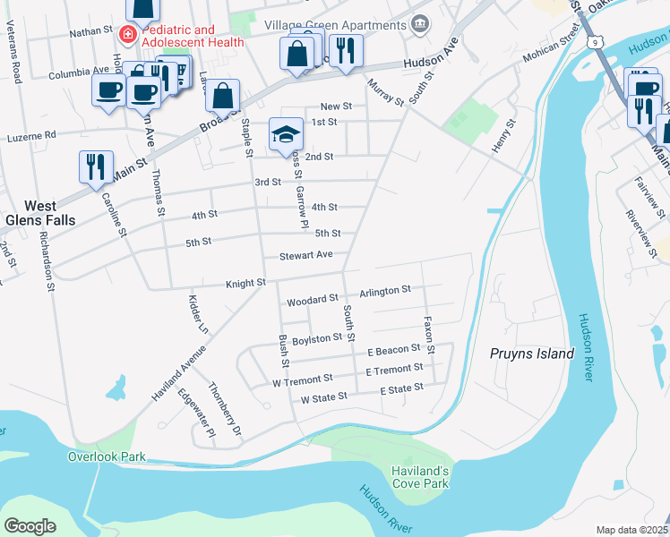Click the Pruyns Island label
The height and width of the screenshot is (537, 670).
(532, 354)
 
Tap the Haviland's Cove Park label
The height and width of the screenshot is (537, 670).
(419, 477)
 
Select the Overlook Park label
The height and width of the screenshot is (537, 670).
(107, 456)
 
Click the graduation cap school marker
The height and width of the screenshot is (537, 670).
(287, 135)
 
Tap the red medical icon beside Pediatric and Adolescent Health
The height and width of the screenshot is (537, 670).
(128, 36)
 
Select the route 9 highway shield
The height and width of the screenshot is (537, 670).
(596, 41)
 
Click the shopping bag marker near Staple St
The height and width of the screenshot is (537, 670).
(222, 96)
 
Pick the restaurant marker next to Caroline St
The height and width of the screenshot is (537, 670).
(95, 167)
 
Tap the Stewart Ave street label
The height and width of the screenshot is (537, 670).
(305, 255)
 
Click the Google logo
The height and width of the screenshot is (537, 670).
(30, 525)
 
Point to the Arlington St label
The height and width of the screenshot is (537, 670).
(384, 290)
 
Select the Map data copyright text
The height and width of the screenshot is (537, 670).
(631, 530)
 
